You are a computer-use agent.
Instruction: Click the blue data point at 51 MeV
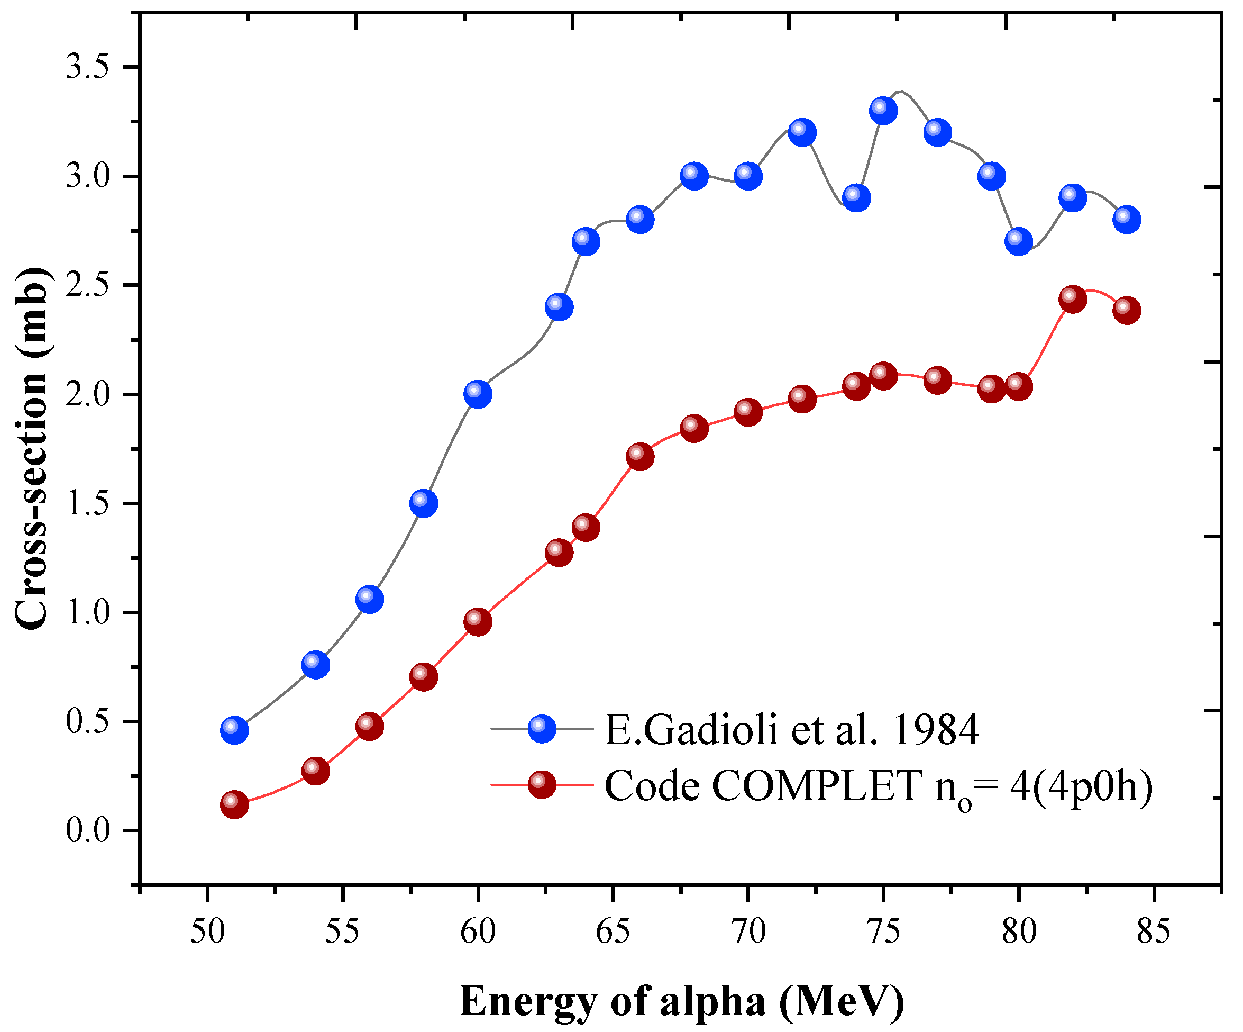point(234,730)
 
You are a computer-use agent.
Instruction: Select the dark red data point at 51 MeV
point(234,804)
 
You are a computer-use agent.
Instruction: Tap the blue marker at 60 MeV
point(478,394)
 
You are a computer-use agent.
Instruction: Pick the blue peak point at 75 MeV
point(883,111)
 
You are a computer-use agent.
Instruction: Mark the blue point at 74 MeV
point(856,197)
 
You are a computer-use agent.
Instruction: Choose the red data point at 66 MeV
point(640,456)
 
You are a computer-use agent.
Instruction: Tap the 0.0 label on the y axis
point(88,830)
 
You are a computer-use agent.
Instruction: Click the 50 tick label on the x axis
point(207,931)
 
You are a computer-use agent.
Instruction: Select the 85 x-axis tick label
point(1154,931)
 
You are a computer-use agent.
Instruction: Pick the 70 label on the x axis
point(748,931)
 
